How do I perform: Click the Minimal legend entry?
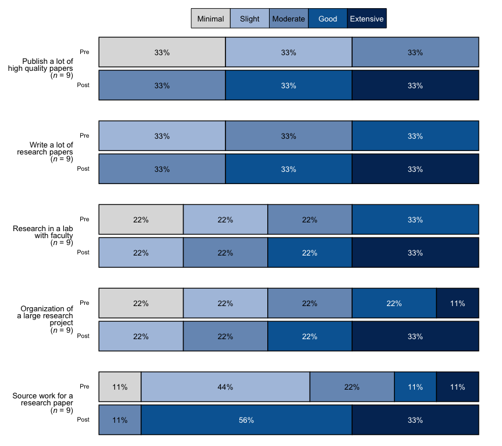(x=210, y=19)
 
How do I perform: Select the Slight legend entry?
(x=250, y=19)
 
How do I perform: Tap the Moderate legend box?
(x=289, y=19)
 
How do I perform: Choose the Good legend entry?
(x=328, y=19)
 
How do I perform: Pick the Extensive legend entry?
(x=367, y=19)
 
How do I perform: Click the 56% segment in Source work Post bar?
(x=246, y=420)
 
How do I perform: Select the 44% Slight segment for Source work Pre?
(x=225, y=387)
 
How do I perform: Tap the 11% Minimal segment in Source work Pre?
(x=120, y=387)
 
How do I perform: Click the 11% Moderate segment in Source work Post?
(x=120, y=420)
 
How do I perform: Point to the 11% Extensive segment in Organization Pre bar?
(x=457, y=303)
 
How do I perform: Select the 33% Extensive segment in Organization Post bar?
(x=415, y=336)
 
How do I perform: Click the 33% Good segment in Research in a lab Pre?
(x=415, y=220)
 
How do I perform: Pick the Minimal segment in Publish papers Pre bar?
(x=162, y=52)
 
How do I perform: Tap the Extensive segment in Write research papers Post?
(x=415, y=169)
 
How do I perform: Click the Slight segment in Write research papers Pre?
(x=162, y=136)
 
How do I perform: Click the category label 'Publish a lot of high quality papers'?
(x=41, y=68)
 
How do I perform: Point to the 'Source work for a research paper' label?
(x=43, y=402)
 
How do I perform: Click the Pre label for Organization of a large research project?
(x=84, y=303)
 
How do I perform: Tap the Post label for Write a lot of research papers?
(x=83, y=169)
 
